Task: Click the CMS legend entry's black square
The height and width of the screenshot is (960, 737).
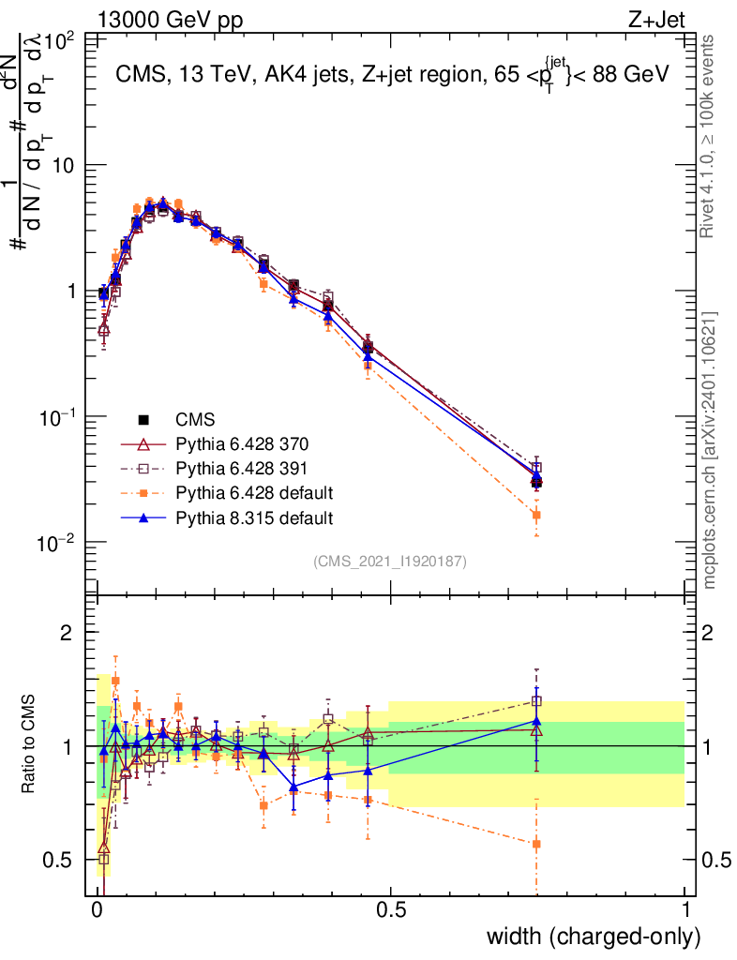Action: (x=143, y=420)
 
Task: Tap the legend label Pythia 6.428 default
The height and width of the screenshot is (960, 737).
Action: (x=242, y=493)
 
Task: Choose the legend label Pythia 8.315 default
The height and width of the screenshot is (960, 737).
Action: (x=242, y=517)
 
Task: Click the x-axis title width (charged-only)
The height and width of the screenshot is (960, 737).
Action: (x=594, y=937)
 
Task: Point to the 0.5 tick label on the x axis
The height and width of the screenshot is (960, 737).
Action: (x=391, y=909)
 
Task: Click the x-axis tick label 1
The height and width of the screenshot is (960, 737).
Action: (x=685, y=909)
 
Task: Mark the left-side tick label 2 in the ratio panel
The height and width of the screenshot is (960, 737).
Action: (x=68, y=634)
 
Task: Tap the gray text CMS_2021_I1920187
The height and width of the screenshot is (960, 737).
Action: (x=390, y=562)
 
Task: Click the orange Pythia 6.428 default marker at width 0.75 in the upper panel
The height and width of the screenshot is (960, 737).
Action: (x=536, y=515)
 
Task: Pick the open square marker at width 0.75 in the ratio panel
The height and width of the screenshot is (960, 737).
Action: (x=536, y=700)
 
